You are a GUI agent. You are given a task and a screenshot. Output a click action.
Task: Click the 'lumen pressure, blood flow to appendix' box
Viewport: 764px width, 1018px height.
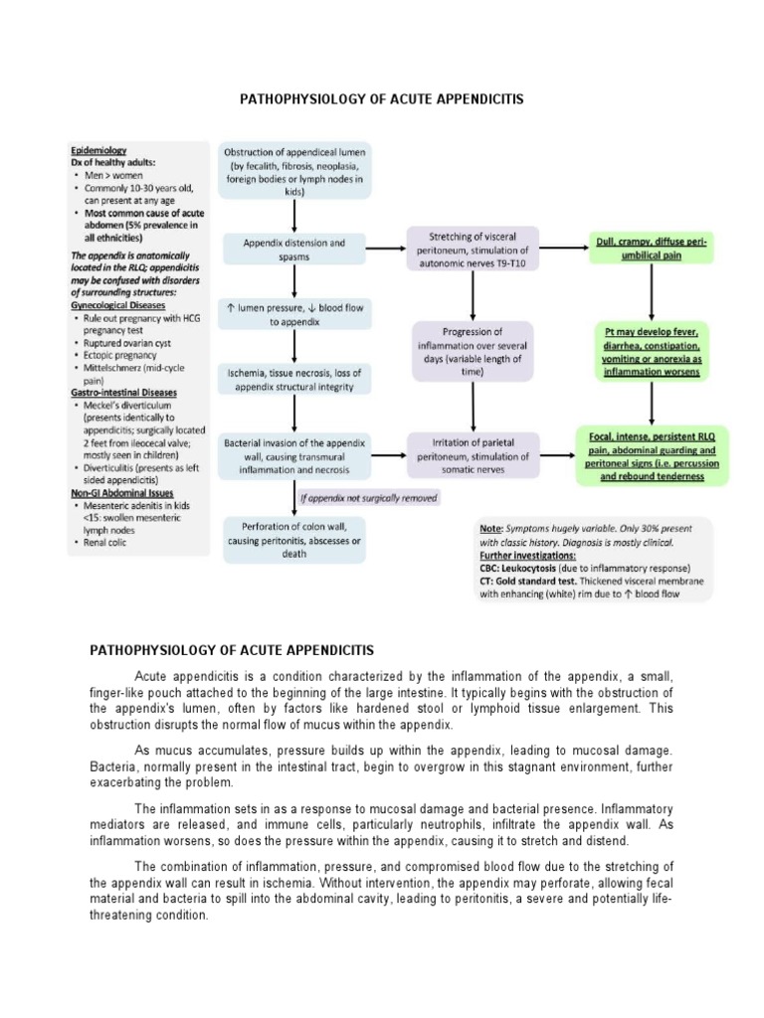294,315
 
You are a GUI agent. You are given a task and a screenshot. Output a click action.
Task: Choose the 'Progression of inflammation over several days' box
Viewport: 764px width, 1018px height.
473,350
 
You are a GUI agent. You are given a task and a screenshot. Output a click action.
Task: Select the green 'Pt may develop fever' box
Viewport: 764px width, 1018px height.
652,351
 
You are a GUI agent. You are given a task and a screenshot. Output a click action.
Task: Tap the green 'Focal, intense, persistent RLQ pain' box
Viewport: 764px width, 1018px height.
652,455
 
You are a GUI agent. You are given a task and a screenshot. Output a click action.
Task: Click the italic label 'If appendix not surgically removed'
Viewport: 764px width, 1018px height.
369,497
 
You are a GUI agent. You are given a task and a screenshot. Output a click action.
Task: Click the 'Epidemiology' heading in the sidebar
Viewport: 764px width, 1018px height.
98,150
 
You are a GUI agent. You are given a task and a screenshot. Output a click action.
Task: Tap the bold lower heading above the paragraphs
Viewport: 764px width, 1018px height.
232,650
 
